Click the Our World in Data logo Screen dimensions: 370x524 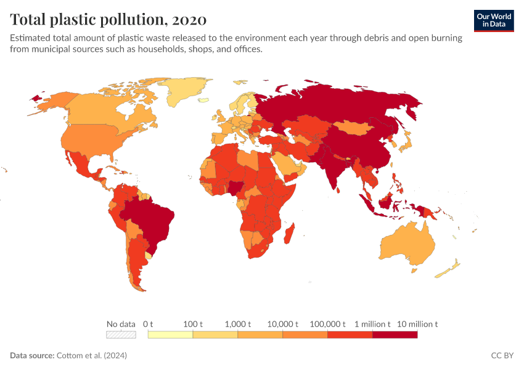click(x=494, y=20)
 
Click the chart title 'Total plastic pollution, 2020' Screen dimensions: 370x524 click(x=108, y=18)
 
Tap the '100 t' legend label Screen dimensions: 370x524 click(x=193, y=324)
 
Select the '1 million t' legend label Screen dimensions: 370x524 click(x=372, y=324)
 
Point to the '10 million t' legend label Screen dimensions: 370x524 click(x=417, y=324)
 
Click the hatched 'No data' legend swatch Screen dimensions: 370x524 click(x=121, y=335)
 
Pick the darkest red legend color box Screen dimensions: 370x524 click(x=395, y=335)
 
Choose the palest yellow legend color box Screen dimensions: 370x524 click(x=170, y=335)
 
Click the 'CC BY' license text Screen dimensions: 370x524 click(x=502, y=356)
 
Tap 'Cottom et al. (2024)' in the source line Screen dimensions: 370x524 click(x=91, y=356)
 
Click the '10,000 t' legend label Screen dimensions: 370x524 click(x=283, y=324)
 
